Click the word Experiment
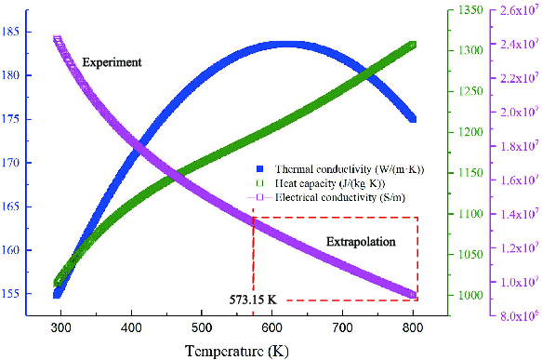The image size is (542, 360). pyautogui.click(x=112, y=62)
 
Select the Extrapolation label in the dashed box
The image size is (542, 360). pyautogui.click(x=361, y=242)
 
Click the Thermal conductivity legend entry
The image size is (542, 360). pyautogui.click(x=340, y=169)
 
